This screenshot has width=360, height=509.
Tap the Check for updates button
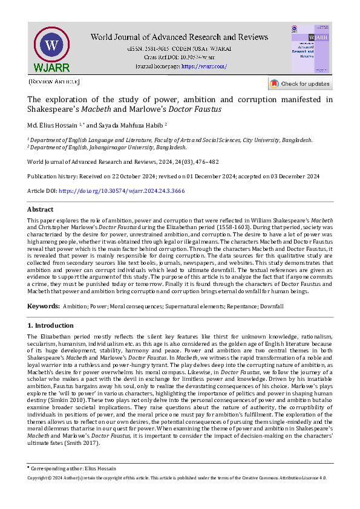(x=300, y=83)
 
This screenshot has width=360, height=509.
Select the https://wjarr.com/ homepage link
(x=204, y=66)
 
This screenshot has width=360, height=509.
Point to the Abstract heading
(x=41, y=209)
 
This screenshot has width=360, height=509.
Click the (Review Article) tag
(x=53, y=81)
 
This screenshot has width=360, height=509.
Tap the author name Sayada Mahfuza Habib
(x=136, y=126)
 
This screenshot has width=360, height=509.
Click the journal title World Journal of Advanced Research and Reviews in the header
(x=179, y=37)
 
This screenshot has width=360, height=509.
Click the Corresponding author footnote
(x=72, y=468)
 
